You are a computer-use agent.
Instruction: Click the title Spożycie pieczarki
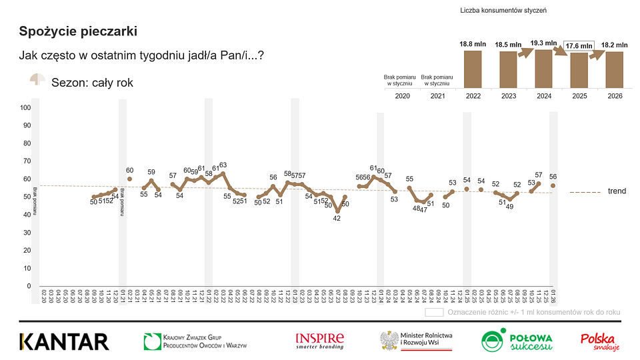[79, 31]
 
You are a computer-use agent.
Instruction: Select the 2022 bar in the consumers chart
[473, 69]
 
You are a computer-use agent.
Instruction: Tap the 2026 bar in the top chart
[614, 69]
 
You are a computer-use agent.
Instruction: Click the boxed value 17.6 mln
[578, 46]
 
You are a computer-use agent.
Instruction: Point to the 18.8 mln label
[473, 44]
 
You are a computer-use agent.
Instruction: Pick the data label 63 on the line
[223, 165]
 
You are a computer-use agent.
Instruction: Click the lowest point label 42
[338, 218]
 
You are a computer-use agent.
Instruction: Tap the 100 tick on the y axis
[26, 107]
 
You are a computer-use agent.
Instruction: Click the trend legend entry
[616, 191]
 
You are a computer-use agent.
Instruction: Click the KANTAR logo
[64, 341]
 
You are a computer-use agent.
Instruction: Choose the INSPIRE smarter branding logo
[320, 341]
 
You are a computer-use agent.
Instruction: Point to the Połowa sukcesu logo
[517, 341]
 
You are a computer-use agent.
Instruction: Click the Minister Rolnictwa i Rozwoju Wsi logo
[417, 341]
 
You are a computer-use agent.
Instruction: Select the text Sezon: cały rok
[92, 83]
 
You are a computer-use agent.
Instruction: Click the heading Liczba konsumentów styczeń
[504, 11]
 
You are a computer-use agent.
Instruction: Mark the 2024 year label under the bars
[544, 97]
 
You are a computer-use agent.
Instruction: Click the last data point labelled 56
[553, 185]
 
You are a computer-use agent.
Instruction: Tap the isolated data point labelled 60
[129, 179]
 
